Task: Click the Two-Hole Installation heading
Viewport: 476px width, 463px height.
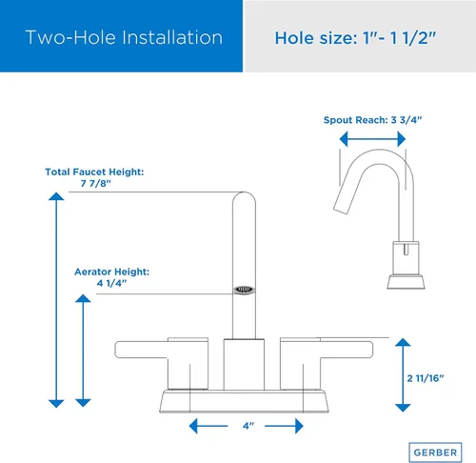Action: coord(124,37)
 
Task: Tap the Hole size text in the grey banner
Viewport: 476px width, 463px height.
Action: coord(355,38)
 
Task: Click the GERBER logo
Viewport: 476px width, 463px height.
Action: coord(435,453)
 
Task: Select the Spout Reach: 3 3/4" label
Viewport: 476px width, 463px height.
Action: coord(372,120)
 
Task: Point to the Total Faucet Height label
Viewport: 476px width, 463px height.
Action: coord(94,171)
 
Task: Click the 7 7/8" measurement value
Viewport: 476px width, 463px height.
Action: coord(95,184)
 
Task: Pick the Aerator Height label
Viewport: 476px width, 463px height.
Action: coord(111,272)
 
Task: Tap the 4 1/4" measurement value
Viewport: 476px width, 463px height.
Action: coord(111,283)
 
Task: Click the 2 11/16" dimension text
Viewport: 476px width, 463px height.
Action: coord(426,378)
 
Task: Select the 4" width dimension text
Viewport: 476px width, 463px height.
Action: coord(248,426)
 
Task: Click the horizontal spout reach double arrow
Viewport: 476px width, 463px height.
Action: coord(372,139)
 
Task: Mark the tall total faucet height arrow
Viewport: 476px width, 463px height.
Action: coord(56,300)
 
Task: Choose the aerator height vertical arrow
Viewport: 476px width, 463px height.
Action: coord(83,351)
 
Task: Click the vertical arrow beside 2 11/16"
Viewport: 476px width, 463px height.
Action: coord(403,374)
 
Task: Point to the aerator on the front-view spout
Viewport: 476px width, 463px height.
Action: coord(244,290)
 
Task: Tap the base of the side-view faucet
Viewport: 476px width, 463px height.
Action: coord(406,282)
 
